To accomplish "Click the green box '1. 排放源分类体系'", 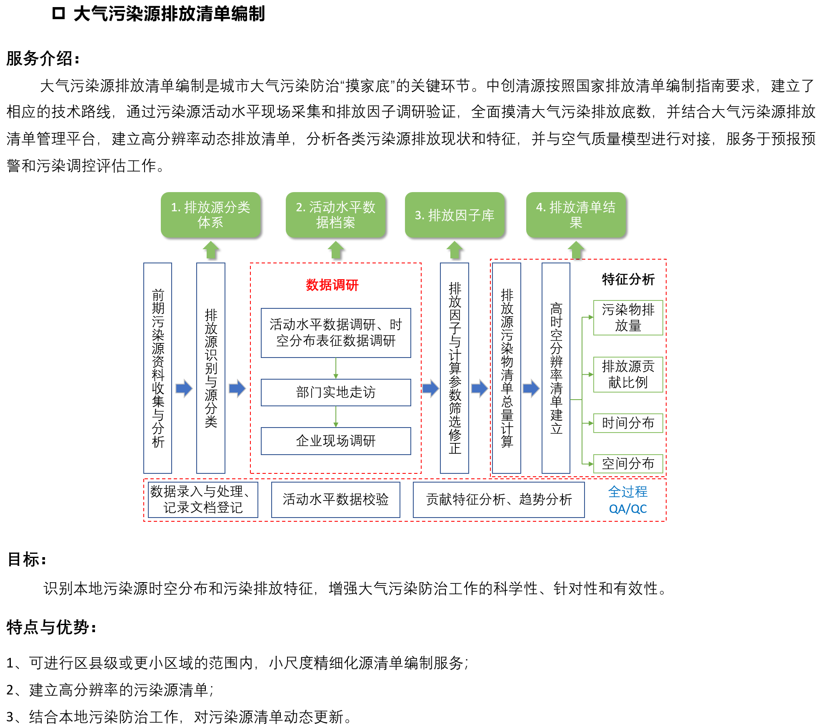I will point(210,215).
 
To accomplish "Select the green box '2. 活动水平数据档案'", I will point(335,215).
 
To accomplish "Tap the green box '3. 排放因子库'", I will point(454,215).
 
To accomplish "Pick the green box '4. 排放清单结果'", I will point(576,215).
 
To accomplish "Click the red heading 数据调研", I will point(332,285).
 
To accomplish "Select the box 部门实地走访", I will point(336,392).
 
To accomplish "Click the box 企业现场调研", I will point(336,440).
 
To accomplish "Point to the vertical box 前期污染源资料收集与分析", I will point(158,368).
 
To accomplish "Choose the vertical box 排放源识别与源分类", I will point(211,368).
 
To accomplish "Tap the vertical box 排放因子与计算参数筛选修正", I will point(455,368).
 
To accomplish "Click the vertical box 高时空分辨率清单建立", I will point(556,368).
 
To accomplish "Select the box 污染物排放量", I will point(628,318).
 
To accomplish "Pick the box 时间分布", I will point(628,423).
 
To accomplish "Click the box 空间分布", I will point(628,463).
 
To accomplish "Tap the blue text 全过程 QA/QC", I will point(627,500).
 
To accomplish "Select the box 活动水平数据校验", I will point(335,500).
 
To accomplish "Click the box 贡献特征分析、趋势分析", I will point(499,500).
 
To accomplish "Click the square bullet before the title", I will point(58,13).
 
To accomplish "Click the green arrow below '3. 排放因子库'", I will point(455,250).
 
